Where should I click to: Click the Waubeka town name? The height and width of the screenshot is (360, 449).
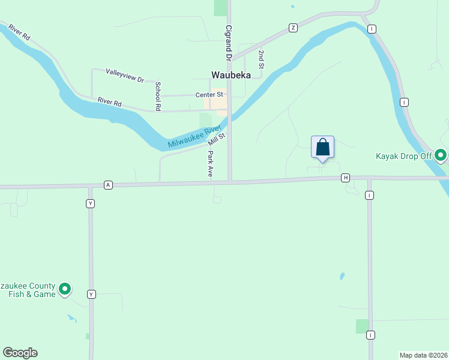click(x=231, y=75)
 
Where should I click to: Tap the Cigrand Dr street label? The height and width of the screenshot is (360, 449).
click(x=228, y=43)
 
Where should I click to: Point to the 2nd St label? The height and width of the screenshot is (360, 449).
click(x=262, y=59)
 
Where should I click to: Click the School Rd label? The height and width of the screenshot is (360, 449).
click(x=158, y=96)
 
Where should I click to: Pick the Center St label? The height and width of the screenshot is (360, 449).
click(x=209, y=95)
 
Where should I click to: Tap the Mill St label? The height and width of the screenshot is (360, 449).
click(x=216, y=139)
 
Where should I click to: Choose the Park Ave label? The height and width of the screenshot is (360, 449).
click(x=211, y=163)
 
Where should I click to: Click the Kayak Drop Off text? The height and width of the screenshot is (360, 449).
click(x=403, y=157)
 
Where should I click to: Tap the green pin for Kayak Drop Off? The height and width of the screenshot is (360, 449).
click(x=441, y=155)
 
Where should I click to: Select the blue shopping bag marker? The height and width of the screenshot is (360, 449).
click(x=322, y=147)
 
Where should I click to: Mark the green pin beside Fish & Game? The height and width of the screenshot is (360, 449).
click(x=65, y=289)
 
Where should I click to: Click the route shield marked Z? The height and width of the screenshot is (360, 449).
click(x=293, y=28)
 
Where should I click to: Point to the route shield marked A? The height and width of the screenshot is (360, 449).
click(x=108, y=185)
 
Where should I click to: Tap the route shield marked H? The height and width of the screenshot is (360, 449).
click(x=345, y=178)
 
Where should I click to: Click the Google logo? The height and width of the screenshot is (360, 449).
click(x=20, y=353)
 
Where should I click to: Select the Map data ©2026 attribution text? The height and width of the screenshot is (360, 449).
click(x=423, y=355)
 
